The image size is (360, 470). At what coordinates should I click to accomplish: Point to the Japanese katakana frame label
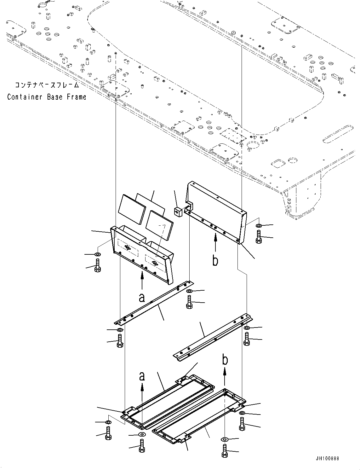click(47, 85)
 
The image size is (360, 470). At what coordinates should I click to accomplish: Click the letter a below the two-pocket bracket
click(142, 297)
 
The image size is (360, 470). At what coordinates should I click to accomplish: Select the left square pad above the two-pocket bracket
click(132, 213)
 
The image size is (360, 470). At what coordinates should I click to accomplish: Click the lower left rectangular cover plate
click(167, 400)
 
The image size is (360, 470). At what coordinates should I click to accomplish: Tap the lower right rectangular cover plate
click(198, 416)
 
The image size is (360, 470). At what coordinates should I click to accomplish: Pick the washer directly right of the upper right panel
click(259, 226)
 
